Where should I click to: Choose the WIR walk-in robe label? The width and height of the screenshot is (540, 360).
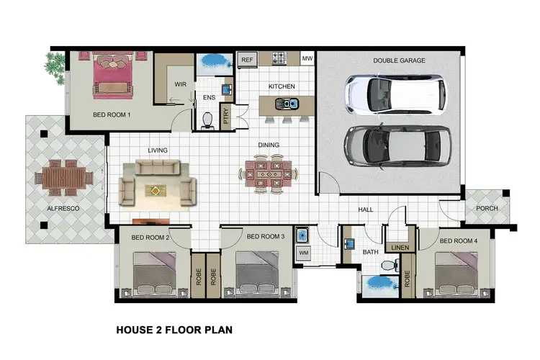click(x=181, y=84)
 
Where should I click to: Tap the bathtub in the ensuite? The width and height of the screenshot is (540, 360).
click(x=212, y=63)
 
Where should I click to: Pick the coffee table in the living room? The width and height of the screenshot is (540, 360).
click(x=157, y=190)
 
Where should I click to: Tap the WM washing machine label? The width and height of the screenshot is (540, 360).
click(x=303, y=253)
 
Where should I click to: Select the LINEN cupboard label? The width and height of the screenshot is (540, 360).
click(x=400, y=248)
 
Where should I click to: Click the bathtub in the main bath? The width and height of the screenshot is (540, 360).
click(x=377, y=286)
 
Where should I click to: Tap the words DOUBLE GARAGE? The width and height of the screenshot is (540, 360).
click(x=399, y=61)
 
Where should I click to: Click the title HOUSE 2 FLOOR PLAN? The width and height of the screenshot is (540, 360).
click(x=174, y=332)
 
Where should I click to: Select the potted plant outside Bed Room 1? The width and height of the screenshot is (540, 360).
click(x=54, y=66)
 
